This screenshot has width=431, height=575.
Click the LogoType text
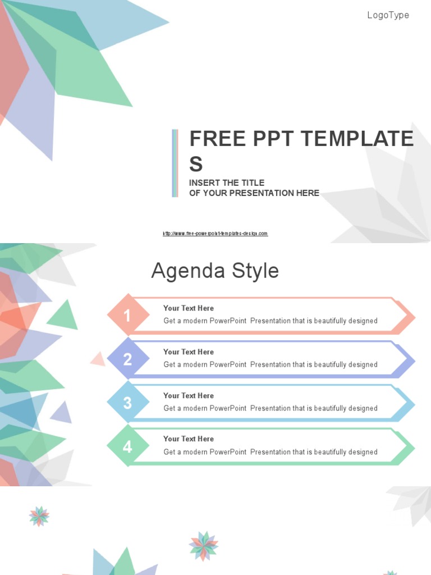point(388,15)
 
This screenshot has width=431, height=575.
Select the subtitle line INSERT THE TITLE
point(227,182)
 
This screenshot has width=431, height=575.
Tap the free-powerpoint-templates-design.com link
point(215,234)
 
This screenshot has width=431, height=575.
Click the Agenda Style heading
point(215,271)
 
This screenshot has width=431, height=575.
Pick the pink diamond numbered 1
point(128,315)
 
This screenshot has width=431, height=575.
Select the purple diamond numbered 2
point(128,359)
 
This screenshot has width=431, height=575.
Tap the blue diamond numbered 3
point(128,403)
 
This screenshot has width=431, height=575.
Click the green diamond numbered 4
point(128,446)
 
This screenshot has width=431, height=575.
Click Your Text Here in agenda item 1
point(189,308)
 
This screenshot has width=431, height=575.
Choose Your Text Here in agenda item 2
point(189,352)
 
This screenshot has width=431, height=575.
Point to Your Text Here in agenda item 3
point(189,395)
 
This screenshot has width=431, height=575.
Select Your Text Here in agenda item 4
point(189,439)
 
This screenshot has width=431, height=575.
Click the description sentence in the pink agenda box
point(270,321)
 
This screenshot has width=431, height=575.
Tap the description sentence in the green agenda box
point(270,452)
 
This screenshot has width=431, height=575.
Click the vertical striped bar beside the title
point(175,163)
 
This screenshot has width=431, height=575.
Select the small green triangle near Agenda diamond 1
point(64,316)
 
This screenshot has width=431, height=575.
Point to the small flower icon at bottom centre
point(204,546)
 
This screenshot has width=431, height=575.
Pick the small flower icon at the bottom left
point(39,516)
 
